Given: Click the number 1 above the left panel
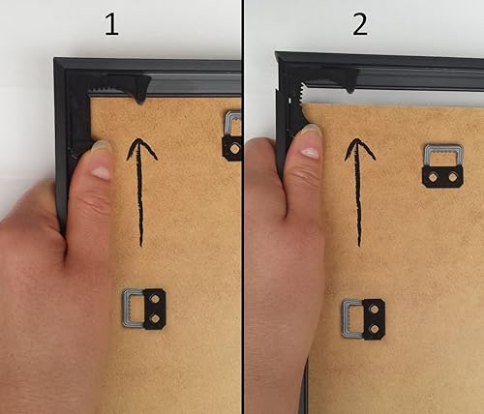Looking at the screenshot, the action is (x=112, y=24).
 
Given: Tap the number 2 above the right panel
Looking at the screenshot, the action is (x=360, y=24).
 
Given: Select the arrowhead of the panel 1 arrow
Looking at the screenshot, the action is (x=141, y=149).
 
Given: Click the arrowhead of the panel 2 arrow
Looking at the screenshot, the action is (x=360, y=149).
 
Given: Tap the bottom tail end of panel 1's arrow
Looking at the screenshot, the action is (x=141, y=246).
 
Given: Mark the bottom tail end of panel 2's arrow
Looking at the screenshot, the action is (x=359, y=246).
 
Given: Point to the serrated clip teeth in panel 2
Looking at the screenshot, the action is (x=302, y=94).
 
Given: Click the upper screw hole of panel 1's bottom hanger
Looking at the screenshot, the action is (x=155, y=299).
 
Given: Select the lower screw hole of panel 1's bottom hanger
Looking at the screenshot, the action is (x=155, y=318).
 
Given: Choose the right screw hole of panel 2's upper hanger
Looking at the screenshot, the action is (x=452, y=177).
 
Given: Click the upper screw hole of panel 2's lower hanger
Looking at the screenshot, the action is (x=375, y=310).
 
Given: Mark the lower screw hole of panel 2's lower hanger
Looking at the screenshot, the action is (x=375, y=329).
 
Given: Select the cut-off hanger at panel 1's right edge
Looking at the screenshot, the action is (x=232, y=136).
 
